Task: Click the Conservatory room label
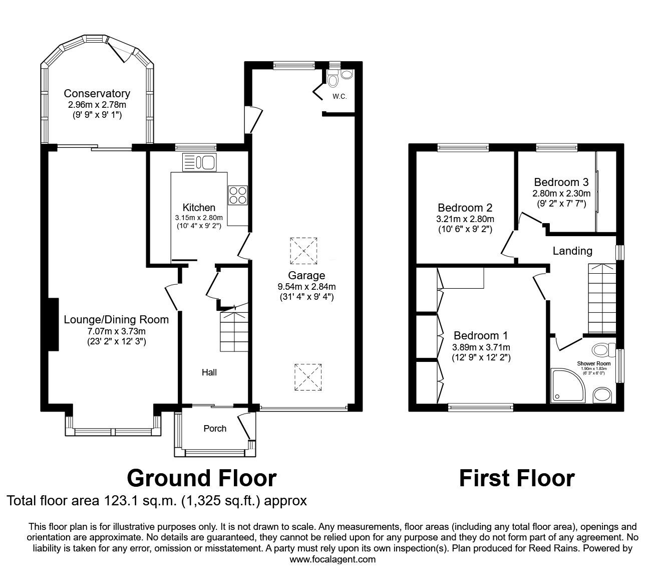point(97,93)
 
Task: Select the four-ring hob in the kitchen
point(238,195)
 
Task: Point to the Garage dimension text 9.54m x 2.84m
point(306,287)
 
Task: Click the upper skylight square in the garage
point(303,250)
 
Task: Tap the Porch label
point(215,429)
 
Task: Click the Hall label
point(209,372)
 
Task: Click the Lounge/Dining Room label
point(116,319)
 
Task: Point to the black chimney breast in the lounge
point(53,324)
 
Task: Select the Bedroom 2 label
point(465,208)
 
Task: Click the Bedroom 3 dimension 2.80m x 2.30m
point(561,193)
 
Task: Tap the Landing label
point(572,251)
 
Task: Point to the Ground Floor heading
point(202,478)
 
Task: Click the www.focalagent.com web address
point(332,559)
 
